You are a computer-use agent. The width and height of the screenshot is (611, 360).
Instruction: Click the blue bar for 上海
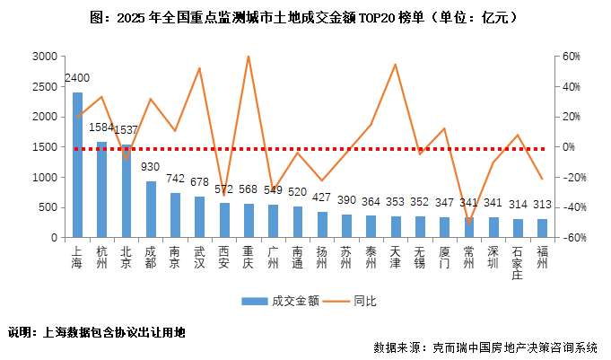77,165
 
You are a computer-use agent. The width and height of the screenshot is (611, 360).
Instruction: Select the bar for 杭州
101,189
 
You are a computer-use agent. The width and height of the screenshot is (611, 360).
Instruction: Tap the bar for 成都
151,209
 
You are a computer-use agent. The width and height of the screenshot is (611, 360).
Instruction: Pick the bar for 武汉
199,217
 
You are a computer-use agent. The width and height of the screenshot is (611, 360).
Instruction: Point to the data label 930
151,167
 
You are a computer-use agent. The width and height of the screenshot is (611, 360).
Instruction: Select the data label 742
175,179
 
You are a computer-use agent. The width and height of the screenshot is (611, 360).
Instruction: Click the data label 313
541,205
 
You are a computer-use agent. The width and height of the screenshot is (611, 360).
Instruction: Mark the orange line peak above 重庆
249,57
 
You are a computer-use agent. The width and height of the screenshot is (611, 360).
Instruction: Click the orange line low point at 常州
468,222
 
